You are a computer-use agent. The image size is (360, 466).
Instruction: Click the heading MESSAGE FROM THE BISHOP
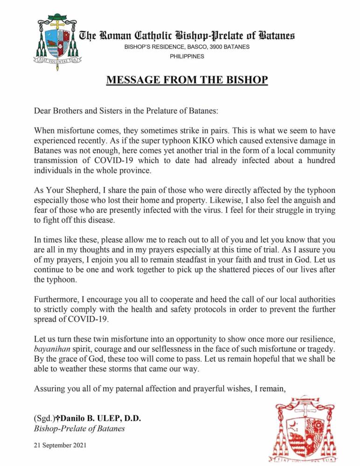187,80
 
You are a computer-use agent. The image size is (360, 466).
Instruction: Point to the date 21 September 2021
60,445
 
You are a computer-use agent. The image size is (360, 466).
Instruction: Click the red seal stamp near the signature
312,428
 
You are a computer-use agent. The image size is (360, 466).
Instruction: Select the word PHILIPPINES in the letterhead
187,56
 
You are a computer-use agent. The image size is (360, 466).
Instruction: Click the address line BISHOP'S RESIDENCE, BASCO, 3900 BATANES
187,47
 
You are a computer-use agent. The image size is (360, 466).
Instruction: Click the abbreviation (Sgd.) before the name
44,418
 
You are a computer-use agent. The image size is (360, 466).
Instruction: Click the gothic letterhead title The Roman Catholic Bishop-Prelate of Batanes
187,36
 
